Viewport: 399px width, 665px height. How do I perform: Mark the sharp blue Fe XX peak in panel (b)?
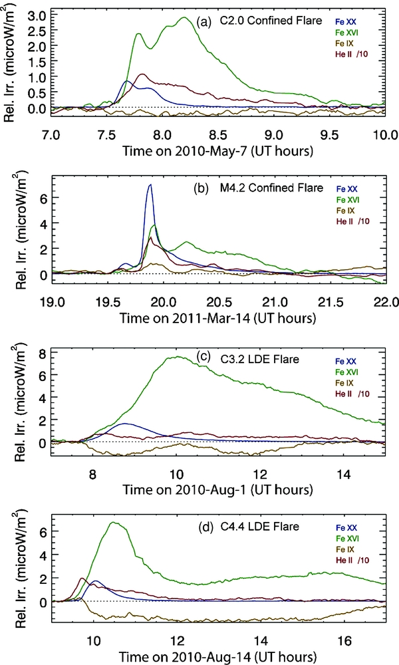click(x=150, y=185)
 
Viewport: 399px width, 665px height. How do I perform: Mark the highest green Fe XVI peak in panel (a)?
click(x=184, y=18)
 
